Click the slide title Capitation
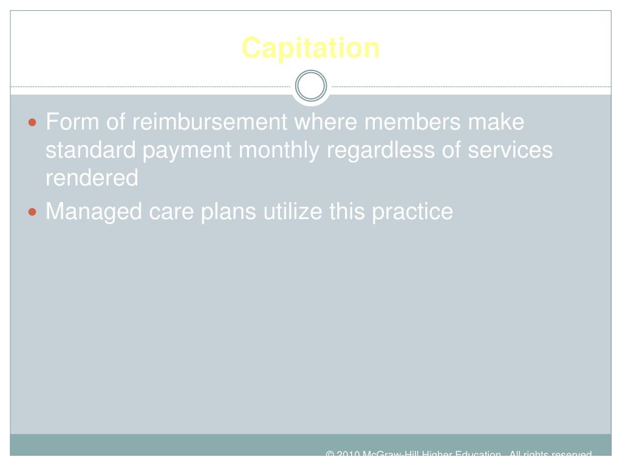[310, 48]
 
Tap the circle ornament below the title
[310, 86]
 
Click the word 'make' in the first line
[496, 122]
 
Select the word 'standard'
[91, 150]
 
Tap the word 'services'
[510, 150]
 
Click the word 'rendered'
[92, 178]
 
